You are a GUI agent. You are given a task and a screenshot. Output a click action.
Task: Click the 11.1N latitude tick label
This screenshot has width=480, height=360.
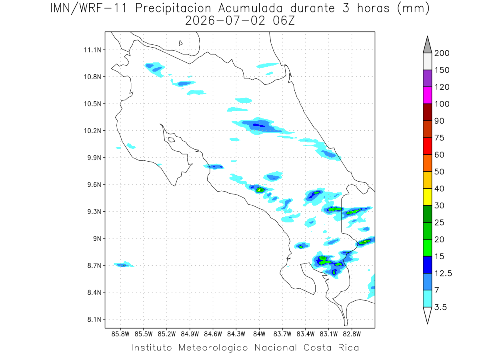(x=92, y=50)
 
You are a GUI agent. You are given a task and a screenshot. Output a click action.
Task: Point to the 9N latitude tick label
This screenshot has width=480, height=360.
(x=97, y=238)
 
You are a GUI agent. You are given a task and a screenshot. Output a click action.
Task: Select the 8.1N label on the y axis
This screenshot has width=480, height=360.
(x=94, y=319)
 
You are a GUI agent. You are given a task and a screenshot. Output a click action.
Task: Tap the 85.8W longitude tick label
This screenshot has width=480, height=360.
(x=120, y=334)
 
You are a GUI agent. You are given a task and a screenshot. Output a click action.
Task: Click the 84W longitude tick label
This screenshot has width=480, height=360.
(x=259, y=334)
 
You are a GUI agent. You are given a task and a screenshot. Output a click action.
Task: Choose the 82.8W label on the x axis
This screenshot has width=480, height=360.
(x=352, y=334)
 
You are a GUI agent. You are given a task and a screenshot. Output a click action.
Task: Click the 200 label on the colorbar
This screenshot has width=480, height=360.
(x=442, y=53)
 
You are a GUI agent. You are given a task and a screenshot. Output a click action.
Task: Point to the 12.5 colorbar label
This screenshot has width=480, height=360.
(x=443, y=274)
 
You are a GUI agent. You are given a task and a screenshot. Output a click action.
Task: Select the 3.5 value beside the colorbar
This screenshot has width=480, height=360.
(x=440, y=307)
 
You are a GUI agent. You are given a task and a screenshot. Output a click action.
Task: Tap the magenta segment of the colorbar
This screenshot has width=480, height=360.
(x=427, y=95)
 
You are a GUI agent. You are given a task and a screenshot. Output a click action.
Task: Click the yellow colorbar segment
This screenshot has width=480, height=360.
(x=427, y=197)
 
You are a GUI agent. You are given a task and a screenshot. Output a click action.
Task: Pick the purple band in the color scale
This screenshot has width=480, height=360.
(x=427, y=78)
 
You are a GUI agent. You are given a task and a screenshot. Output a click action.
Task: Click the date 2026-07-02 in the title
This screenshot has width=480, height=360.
(x=226, y=21)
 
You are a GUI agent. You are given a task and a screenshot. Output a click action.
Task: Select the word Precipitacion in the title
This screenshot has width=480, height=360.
(x=173, y=8)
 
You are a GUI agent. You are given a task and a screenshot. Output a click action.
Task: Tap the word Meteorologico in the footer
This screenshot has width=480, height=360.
(x=213, y=348)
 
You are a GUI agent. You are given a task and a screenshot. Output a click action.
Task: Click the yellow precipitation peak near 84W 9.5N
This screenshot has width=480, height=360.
(x=259, y=190)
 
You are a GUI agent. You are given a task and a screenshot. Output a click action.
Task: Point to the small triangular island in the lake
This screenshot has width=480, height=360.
(x=180, y=43)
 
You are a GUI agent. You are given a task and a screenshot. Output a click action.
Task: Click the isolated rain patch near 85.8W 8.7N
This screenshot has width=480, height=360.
(x=124, y=265)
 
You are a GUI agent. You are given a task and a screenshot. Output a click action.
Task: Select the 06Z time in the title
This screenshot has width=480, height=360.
(x=284, y=21)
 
